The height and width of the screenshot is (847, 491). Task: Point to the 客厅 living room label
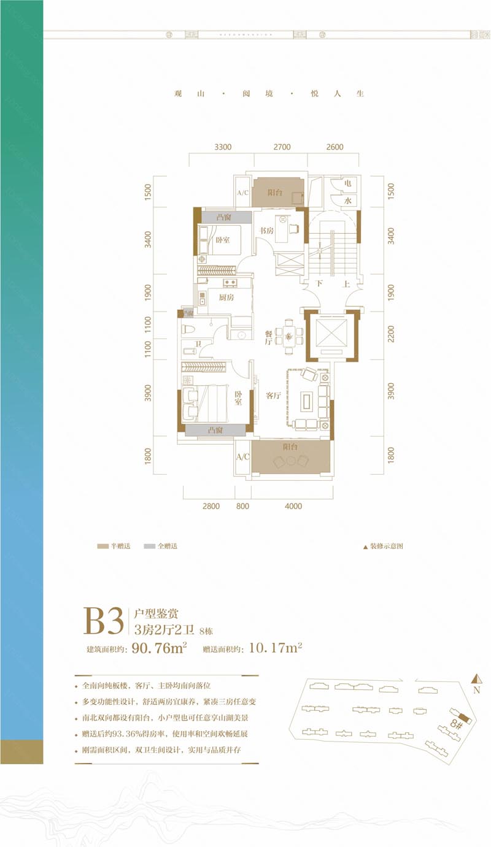click(x=273, y=396)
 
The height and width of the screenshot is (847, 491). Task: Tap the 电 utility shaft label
click(x=347, y=183)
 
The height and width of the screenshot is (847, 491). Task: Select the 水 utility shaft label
click(x=347, y=201)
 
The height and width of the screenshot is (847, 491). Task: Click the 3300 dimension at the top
click(x=223, y=147)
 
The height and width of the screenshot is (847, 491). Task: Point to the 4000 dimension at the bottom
click(x=293, y=506)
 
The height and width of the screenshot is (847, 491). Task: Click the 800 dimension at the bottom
click(x=242, y=506)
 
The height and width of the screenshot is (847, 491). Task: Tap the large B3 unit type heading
click(x=104, y=622)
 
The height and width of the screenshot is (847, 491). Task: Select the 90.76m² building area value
click(x=159, y=648)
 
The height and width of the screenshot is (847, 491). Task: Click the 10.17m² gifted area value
click(x=274, y=648)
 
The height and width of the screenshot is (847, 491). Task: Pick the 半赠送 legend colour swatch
click(x=102, y=546)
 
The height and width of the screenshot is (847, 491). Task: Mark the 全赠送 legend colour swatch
click(x=149, y=546)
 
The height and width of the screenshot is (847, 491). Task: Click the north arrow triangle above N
click(x=474, y=678)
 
